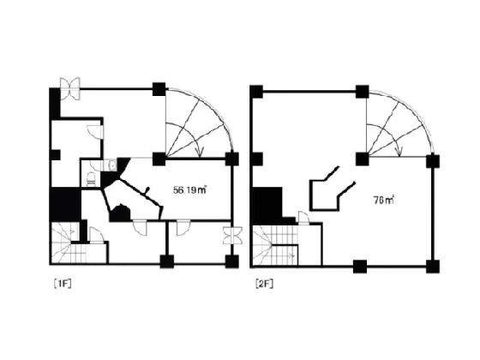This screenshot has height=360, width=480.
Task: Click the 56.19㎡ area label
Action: tap(189, 190)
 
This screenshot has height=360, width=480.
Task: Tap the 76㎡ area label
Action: tap(384, 201)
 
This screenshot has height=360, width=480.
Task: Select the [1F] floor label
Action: tap(63, 284)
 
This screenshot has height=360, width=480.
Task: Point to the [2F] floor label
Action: tap(265, 284)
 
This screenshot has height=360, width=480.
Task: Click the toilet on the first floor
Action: tap(91, 179)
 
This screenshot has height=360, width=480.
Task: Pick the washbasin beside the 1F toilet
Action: tap(112, 165)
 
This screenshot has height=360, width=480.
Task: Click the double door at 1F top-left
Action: tap(70, 88)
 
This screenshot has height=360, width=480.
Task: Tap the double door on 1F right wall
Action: tap(232, 236)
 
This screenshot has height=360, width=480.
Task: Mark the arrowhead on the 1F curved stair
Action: tap(200, 152)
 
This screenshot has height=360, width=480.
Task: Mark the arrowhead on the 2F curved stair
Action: tap(399, 152)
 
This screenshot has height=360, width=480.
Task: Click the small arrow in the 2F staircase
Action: tap(292, 255)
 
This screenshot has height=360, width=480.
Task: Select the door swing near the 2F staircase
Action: tap(303, 218)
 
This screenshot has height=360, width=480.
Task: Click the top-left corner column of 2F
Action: tap(256, 92)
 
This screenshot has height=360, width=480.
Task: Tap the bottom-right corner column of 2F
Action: tap(433, 267)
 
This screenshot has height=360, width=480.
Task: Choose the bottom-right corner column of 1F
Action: tap(231, 261)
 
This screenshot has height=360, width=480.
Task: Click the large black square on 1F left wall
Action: tap(65, 204)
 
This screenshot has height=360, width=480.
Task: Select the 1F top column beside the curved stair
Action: tap(159, 89)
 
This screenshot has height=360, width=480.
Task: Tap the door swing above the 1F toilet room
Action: tap(95, 132)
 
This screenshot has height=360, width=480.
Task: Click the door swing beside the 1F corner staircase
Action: tap(97, 234)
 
